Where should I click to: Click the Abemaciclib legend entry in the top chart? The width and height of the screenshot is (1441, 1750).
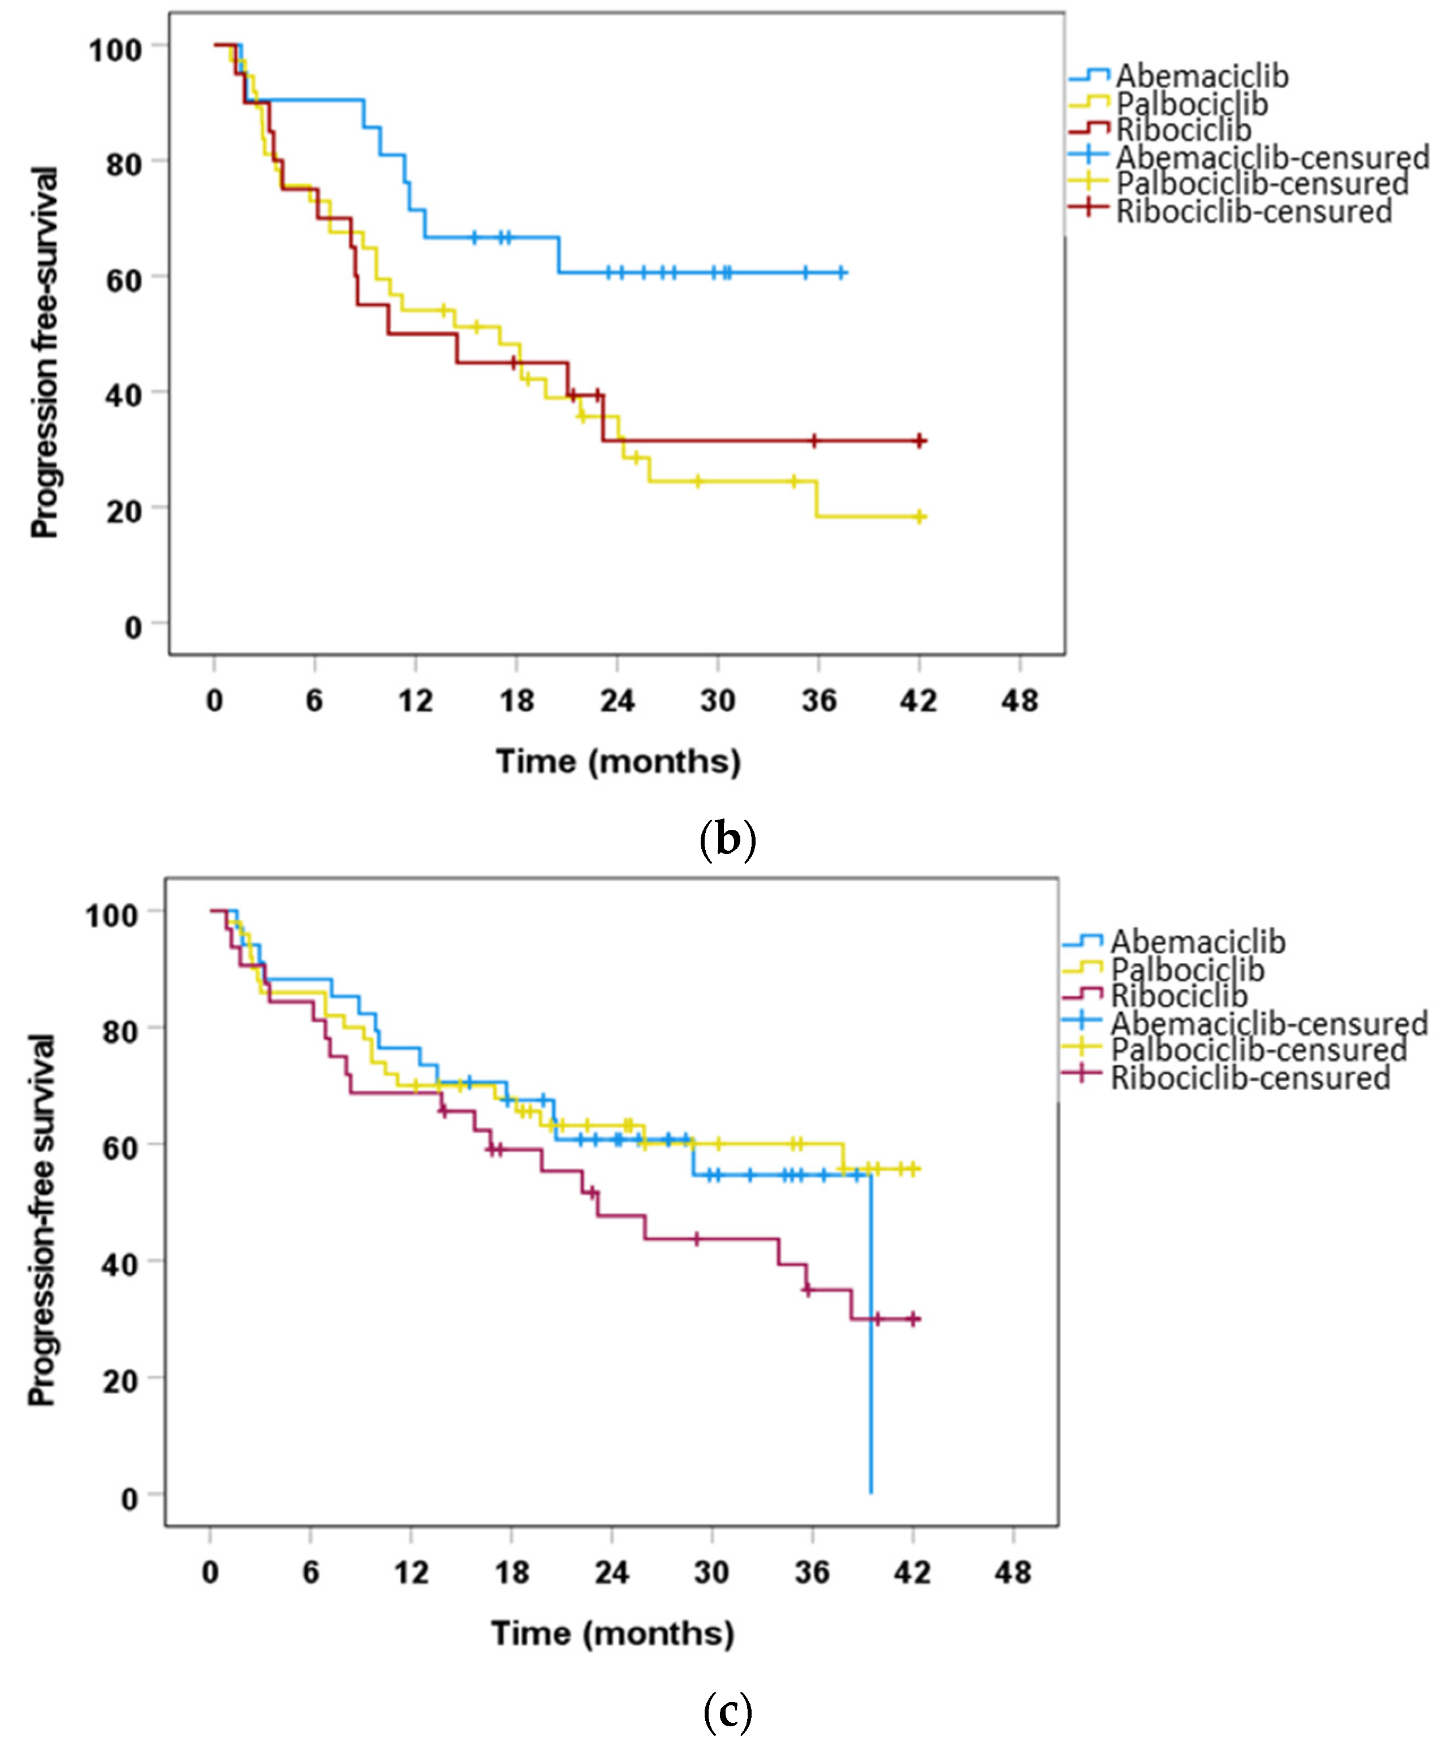[1201, 76]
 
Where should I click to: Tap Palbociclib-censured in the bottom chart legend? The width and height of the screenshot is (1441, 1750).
[1258, 1050]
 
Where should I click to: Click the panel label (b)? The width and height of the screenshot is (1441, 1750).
[727, 840]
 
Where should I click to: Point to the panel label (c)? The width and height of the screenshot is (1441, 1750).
[727, 1711]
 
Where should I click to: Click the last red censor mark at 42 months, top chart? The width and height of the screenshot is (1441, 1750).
[919, 441]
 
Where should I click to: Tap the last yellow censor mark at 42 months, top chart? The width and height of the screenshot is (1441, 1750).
[919, 517]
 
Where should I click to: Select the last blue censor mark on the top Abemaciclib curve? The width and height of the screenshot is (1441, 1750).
[841, 272]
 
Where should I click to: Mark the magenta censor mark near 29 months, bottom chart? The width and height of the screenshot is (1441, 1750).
[696, 1239]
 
